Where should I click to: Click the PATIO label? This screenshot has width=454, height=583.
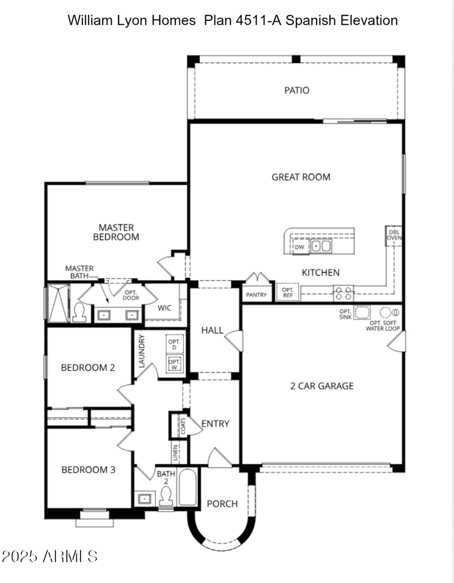click(297, 90)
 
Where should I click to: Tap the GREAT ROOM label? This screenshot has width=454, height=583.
click(301, 177)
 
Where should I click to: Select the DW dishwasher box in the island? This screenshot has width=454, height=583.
click(299, 247)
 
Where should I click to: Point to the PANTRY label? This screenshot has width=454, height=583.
click(256, 295)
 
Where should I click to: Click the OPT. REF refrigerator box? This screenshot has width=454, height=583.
click(288, 293)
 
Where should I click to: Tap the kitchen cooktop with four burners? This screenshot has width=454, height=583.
click(343, 293)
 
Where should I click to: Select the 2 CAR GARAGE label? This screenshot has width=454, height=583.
click(322, 386)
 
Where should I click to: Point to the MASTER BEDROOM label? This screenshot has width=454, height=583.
click(116, 232)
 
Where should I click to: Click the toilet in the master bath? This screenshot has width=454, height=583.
click(79, 312)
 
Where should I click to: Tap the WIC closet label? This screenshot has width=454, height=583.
click(165, 308)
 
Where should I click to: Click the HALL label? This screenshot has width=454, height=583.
click(212, 330)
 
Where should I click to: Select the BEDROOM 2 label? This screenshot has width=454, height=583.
click(88, 367)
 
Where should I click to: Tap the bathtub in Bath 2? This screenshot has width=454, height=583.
click(187, 488)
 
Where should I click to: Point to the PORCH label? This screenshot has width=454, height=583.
click(222, 504)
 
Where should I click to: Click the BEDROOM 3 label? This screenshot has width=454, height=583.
click(89, 470)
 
